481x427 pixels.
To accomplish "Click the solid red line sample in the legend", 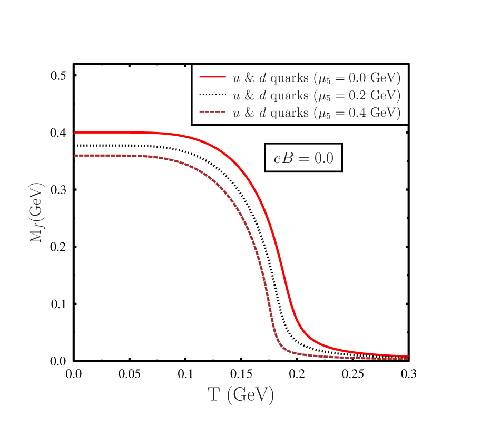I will click(x=212, y=77).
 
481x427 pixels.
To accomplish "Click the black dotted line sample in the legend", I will click(x=212, y=95).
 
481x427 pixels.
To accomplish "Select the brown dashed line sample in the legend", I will click(x=212, y=113).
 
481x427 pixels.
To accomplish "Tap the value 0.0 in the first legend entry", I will click(x=358, y=78).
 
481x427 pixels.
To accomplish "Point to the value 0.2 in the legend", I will click(x=358, y=96).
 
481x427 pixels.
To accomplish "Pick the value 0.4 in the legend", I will click(x=358, y=113).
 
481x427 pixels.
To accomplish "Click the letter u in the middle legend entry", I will click(x=237, y=96).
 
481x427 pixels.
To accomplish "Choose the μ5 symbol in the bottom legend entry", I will click(x=323, y=114).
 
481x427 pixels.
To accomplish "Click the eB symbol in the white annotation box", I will click(x=283, y=158).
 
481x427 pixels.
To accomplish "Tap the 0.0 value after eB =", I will click(x=323, y=158).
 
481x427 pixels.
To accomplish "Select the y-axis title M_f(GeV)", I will click(x=36, y=212).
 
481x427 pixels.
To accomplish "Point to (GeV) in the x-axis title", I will click(x=250, y=395).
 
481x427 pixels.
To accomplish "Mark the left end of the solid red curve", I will click(x=75, y=133).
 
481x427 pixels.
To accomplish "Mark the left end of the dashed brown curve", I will click(x=75, y=155).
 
